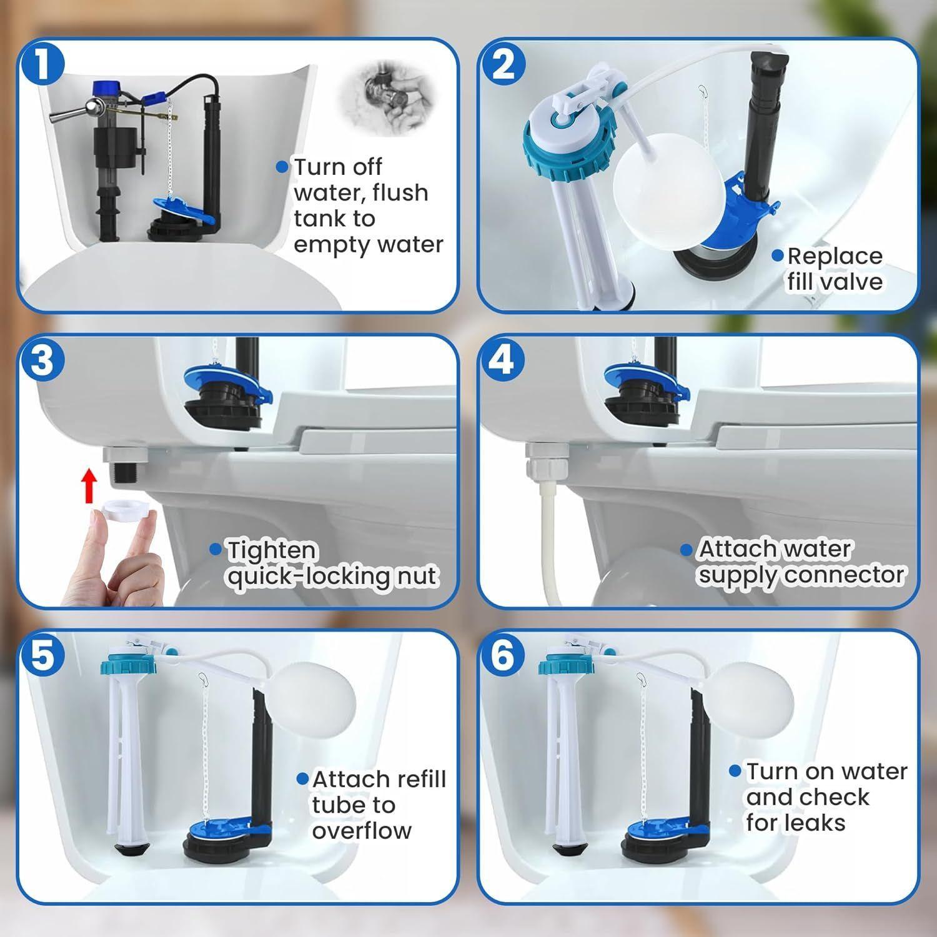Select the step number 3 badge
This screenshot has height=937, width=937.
(x=41, y=360)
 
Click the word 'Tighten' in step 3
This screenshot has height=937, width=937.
(x=272, y=550)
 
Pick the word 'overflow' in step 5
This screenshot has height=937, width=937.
(x=362, y=831)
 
